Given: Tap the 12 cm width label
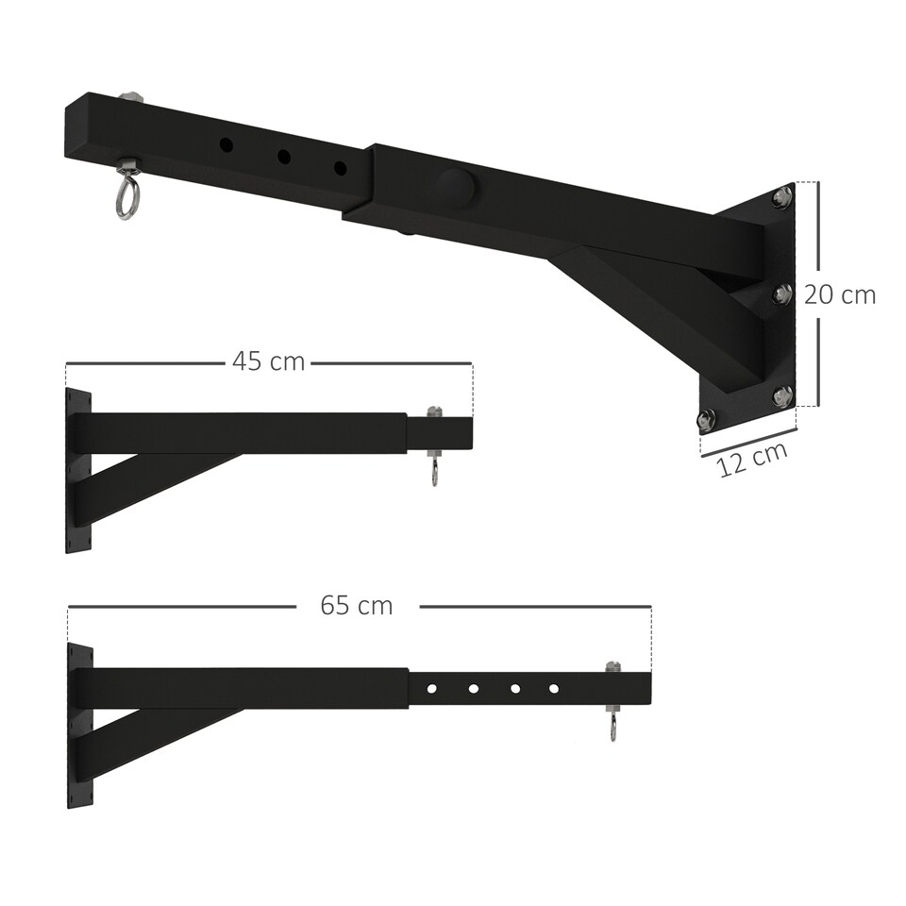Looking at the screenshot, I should pyautogui.click(x=752, y=459).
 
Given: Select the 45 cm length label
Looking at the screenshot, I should pyautogui.click(x=268, y=361).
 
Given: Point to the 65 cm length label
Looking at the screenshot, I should pyautogui.click(x=356, y=605).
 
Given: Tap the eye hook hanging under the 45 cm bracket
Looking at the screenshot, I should pyautogui.click(x=434, y=470).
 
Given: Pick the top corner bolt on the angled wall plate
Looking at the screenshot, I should pyautogui.click(x=780, y=197).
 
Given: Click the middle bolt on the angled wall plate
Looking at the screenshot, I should pyautogui.click(x=781, y=294).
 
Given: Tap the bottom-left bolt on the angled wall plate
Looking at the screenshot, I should pyautogui.click(x=706, y=418).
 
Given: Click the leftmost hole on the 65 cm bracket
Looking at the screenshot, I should pyautogui.click(x=431, y=688).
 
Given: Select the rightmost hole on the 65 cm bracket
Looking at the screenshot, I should pyautogui.click(x=554, y=688).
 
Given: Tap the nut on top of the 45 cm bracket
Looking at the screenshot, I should pyautogui.click(x=434, y=411).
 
